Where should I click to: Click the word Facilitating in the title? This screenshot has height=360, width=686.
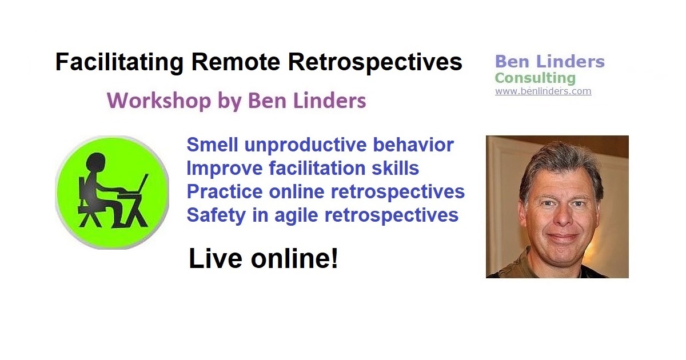tap(119, 63)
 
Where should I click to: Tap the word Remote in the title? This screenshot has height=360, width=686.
tap(236, 62)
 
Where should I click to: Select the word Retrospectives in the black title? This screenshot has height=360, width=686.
tap(375, 63)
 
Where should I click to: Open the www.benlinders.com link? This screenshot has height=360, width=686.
tap(543, 91)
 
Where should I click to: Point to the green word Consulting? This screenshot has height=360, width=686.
tap(535, 78)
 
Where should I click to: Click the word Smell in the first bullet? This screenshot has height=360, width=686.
tap(212, 145)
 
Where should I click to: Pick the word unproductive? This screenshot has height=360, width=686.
tap(305, 145)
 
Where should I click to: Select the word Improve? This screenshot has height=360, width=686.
tap(225, 169)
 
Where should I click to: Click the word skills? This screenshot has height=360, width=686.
tap(395, 168)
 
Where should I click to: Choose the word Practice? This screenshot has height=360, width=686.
tap(225, 191)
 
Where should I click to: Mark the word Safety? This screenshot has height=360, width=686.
tap(216, 215)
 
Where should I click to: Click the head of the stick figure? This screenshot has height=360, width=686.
tap(96, 162)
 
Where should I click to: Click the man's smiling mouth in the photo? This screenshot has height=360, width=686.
tap(563, 237)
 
